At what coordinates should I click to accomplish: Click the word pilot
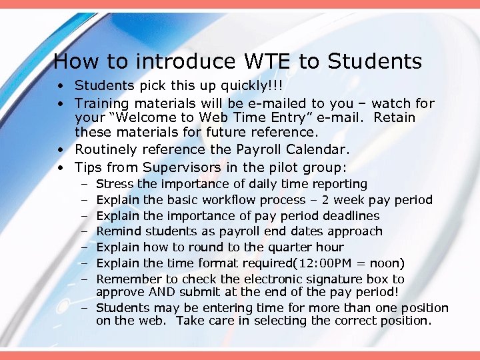[x=277, y=167]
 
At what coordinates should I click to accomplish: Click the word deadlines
[x=351, y=216]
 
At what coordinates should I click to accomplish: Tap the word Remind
[x=119, y=231]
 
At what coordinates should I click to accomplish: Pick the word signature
[x=326, y=279]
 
